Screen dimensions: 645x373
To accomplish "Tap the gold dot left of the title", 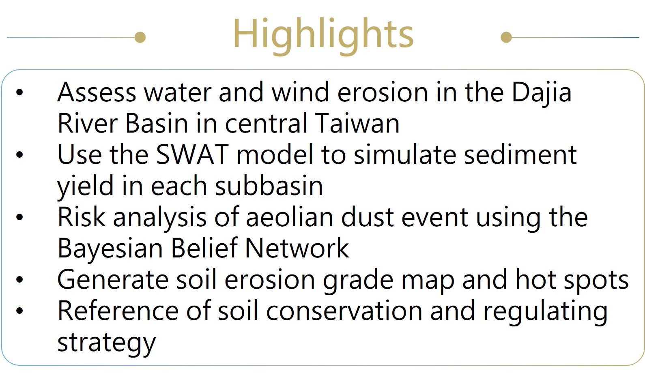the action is pos(140,37).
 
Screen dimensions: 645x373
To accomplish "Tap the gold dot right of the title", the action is pos(506,37).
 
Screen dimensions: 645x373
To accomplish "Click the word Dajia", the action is pos(541,93).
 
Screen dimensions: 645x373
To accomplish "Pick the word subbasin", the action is pos(269,186).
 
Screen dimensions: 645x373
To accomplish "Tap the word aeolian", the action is pos(290,217).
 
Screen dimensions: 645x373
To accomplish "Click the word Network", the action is pos(297,248).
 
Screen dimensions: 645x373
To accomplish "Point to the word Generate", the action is pos(113,279).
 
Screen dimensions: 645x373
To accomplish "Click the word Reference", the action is pos(118,310).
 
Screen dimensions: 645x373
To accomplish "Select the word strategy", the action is pos(107,343).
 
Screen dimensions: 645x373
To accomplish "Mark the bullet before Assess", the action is pos(19,92).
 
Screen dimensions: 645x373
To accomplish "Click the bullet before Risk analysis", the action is pos(19,217).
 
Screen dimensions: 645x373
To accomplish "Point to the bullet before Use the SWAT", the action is pos(19,154).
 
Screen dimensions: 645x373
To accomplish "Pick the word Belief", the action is pos(204,248).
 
